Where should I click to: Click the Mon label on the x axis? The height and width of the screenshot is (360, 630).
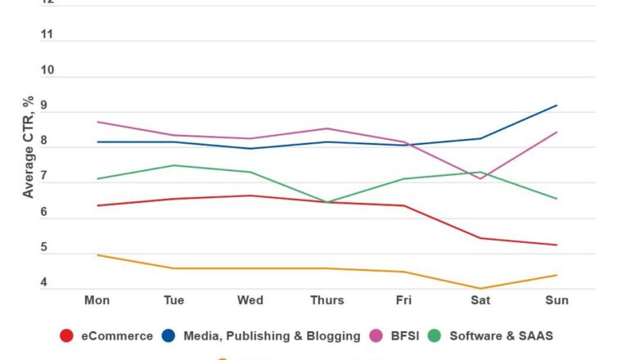pyautogui.click(x=97, y=300)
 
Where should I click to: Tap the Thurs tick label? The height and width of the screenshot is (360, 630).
pyautogui.click(x=327, y=300)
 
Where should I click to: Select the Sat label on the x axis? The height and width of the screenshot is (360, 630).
pyautogui.click(x=480, y=300)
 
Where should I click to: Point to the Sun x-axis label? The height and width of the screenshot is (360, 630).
pyautogui.click(x=557, y=300)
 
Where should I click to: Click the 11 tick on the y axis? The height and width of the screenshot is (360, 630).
pyautogui.click(x=47, y=34)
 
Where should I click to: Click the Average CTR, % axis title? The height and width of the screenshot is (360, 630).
pyautogui.click(x=29, y=147)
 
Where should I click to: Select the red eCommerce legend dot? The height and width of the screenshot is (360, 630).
pyautogui.click(x=68, y=335)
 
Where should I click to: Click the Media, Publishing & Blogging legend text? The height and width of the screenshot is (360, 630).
pyautogui.click(x=272, y=335)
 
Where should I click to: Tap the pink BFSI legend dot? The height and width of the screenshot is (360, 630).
pyautogui.click(x=377, y=335)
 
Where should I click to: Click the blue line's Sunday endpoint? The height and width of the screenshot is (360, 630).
pyautogui.click(x=557, y=106)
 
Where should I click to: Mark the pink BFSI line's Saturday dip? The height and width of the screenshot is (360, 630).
pyautogui.click(x=480, y=178)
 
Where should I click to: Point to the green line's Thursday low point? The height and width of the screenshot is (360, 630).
pyautogui.click(x=327, y=202)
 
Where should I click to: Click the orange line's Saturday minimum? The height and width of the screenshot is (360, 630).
pyautogui.click(x=480, y=288)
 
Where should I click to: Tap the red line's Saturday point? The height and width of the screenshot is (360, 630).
pyautogui.click(x=480, y=238)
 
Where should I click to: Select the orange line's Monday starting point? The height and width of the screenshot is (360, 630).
pyautogui.click(x=97, y=254)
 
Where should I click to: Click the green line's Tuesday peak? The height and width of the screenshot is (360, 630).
pyautogui.click(x=173, y=165)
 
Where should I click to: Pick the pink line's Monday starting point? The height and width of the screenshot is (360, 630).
pyautogui.click(x=97, y=122)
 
